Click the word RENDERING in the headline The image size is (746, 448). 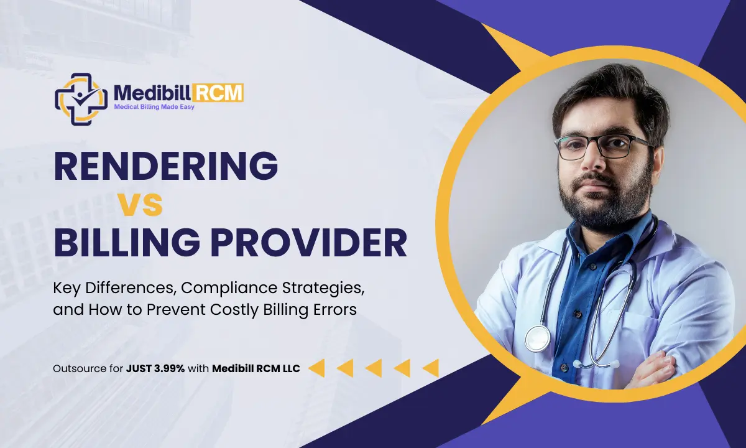click(x=165, y=166)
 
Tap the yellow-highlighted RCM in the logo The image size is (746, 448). click(x=221, y=94)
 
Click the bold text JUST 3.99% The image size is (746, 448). click(x=154, y=368)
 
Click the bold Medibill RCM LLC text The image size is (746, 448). click(x=256, y=368)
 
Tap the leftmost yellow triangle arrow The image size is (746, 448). click(x=316, y=368)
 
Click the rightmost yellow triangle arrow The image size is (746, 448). click(x=430, y=368)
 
